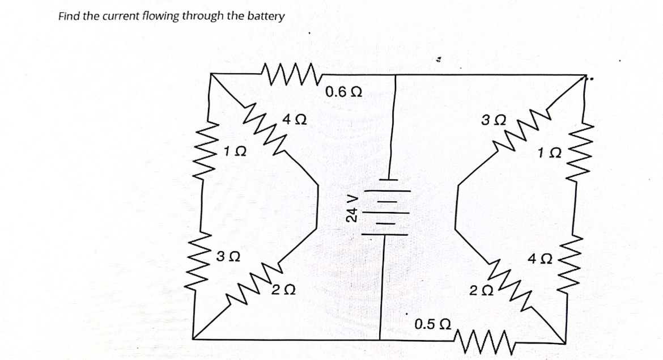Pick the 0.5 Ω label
coord(433,325)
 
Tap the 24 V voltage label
coord(352,207)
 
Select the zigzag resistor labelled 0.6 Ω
coord(289,73)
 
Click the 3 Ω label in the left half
coord(228,256)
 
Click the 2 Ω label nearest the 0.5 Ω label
coord(481,291)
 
